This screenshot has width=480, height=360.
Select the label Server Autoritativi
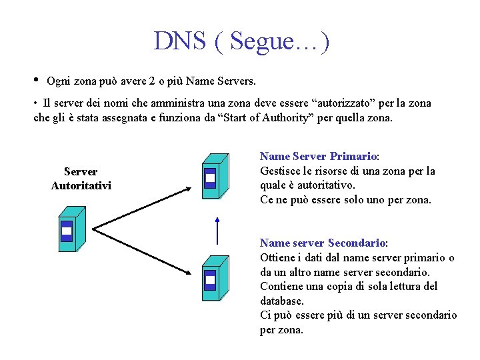tap(81, 179)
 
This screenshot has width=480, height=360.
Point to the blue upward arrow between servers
tap(217, 230)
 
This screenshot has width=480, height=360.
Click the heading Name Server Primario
tap(319, 157)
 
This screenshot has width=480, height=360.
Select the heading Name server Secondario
tap(323, 243)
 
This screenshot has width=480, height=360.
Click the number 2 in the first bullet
tap(153, 81)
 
